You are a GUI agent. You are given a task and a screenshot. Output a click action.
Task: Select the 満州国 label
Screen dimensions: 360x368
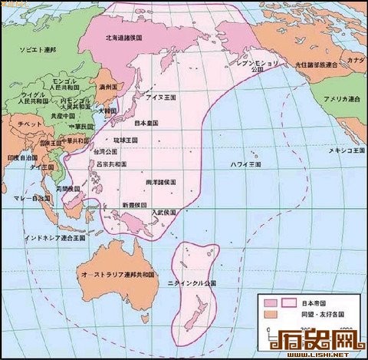tap(107, 88)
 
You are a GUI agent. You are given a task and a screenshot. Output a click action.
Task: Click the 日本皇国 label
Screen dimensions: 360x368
tap(146, 123)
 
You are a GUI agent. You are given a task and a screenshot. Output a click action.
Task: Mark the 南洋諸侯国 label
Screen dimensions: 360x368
tap(161, 182)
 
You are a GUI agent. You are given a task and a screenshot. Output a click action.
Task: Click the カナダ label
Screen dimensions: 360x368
tap(355, 60)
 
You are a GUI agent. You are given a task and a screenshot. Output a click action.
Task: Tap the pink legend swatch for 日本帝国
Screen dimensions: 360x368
tap(269, 302)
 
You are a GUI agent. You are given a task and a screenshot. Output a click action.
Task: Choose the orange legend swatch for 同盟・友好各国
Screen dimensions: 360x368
tap(269, 313)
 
